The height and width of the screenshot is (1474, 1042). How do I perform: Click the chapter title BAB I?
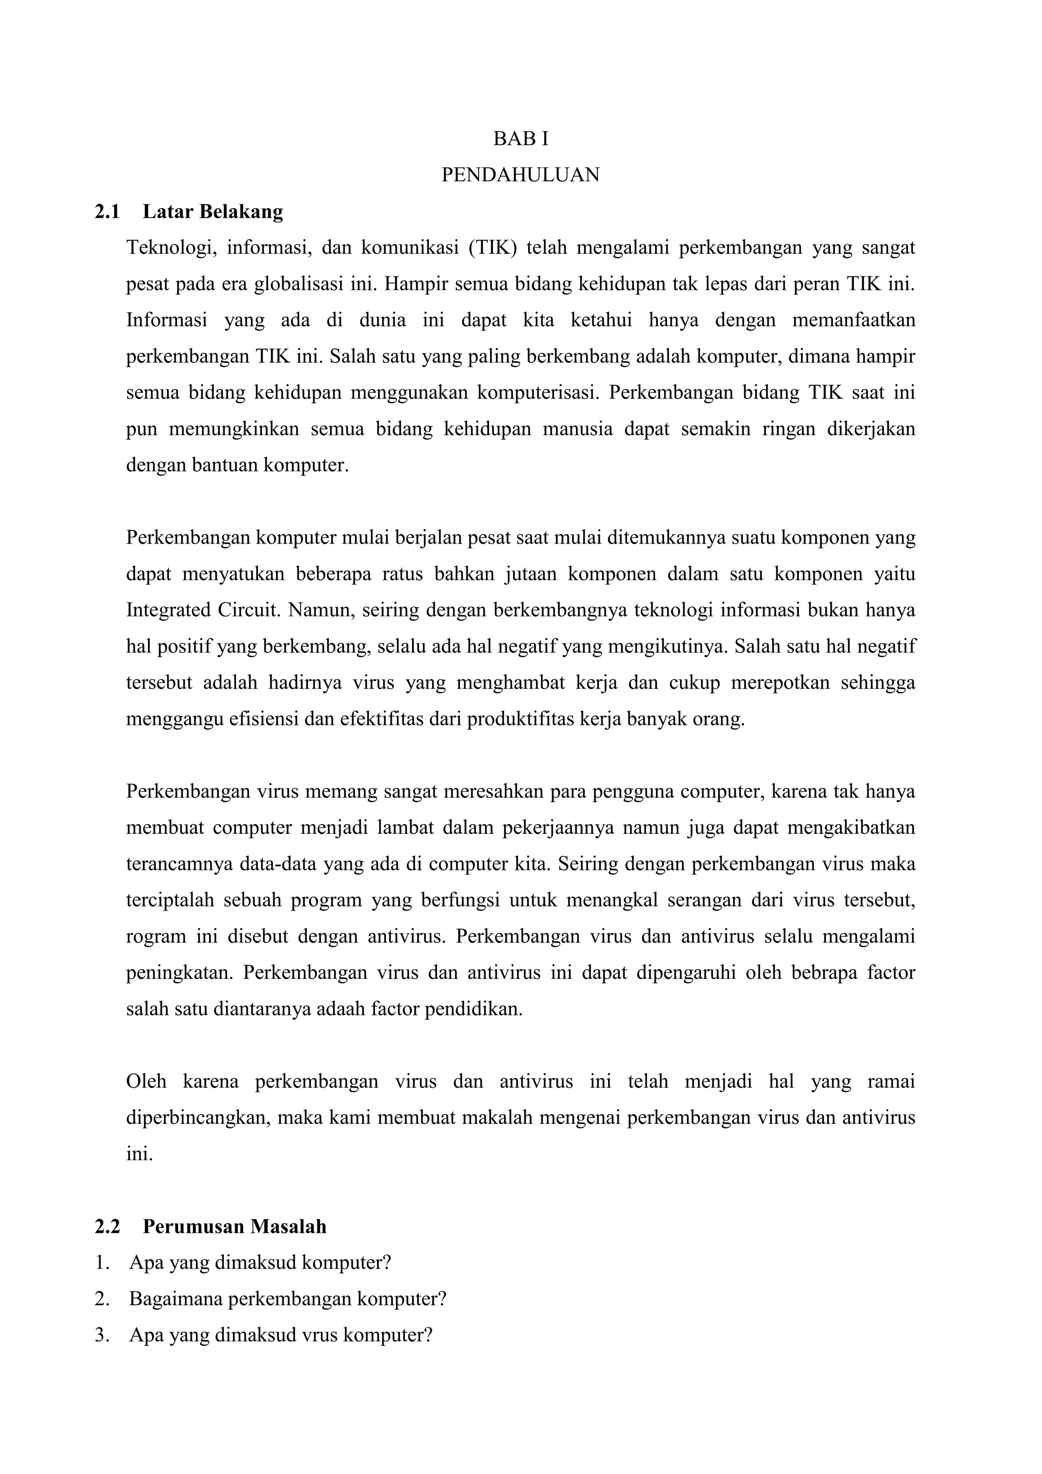click(x=520, y=138)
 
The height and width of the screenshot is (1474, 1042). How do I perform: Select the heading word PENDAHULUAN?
click(x=520, y=175)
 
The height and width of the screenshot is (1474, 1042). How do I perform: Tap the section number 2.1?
click(x=107, y=211)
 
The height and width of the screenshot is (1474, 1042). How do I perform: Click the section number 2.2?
click(x=107, y=1227)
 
